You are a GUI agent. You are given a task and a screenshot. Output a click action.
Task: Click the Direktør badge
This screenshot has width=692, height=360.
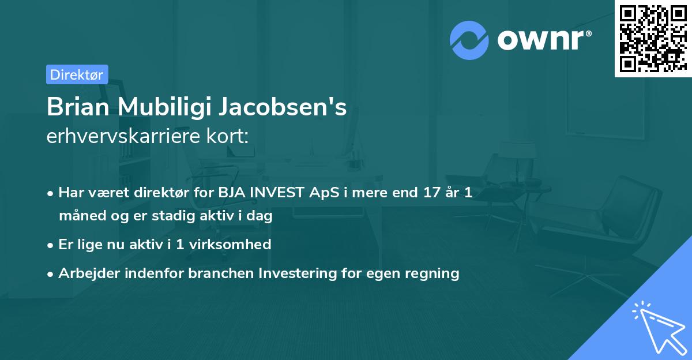(77, 74)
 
